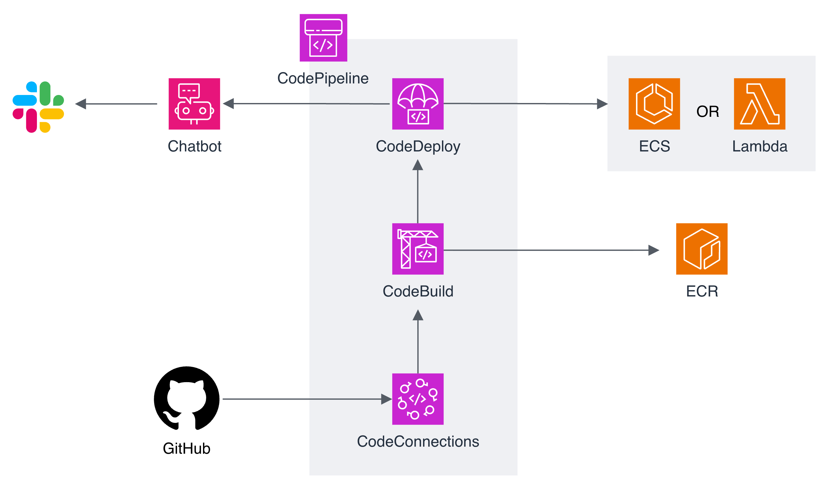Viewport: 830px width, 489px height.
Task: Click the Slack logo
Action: click(38, 107)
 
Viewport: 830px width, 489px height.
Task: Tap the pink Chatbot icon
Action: click(194, 104)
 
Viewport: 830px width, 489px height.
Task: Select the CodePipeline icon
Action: click(323, 38)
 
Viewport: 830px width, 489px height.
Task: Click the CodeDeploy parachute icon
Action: click(418, 104)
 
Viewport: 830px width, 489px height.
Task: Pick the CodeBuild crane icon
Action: click(418, 249)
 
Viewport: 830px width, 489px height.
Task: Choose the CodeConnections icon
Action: click(418, 399)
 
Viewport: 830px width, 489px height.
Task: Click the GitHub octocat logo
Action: click(187, 399)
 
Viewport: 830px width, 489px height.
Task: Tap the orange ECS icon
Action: click(654, 104)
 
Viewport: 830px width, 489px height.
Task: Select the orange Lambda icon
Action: click(759, 104)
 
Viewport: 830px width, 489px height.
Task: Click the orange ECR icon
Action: click(702, 249)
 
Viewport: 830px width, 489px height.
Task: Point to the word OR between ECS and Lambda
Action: click(708, 111)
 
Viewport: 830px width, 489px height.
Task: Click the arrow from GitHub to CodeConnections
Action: click(307, 399)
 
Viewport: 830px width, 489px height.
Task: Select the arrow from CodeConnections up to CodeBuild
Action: click(418, 341)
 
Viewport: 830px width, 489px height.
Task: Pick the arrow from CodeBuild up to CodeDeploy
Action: click(418, 191)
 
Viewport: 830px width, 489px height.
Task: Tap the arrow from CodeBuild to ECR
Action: click(552, 250)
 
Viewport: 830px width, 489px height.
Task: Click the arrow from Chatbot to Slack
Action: click(116, 104)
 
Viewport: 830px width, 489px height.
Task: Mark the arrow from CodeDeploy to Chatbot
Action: click(306, 103)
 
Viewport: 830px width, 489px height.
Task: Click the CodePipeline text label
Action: click(323, 78)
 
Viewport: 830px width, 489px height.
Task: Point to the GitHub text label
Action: click(187, 449)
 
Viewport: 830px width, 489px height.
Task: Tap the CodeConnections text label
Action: click(418, 441)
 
